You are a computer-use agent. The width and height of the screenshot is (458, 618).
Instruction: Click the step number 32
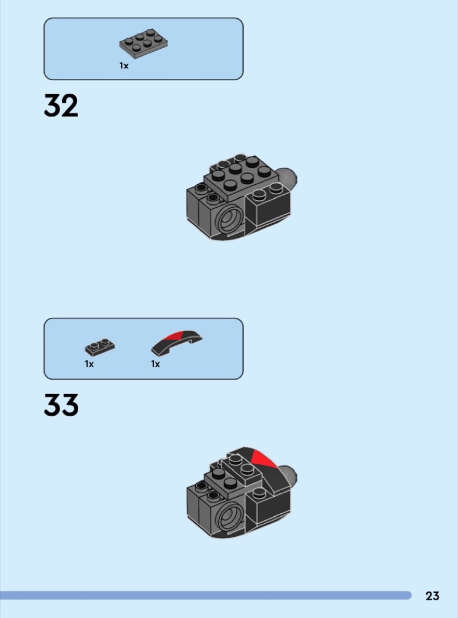[61, 105]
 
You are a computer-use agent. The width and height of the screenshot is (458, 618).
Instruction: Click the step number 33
[61, 405]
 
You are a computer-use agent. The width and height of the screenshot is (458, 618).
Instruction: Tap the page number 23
[432, 596]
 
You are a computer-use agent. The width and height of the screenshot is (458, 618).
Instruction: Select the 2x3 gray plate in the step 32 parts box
[143, 44]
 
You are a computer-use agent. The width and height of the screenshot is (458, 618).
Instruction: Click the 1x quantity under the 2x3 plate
[124, 66]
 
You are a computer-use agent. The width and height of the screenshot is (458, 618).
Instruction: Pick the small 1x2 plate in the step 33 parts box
[100, 347]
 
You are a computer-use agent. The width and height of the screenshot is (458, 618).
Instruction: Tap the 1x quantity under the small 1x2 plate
[89, 364]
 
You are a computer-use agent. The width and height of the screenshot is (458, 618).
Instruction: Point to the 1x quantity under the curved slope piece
[156, 364]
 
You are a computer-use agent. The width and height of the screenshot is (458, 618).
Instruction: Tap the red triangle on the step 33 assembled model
[262, 458]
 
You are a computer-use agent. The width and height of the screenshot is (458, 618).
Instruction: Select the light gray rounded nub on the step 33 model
[289, 477]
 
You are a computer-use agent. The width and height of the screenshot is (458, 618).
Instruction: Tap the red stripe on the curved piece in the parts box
[176, 336]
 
